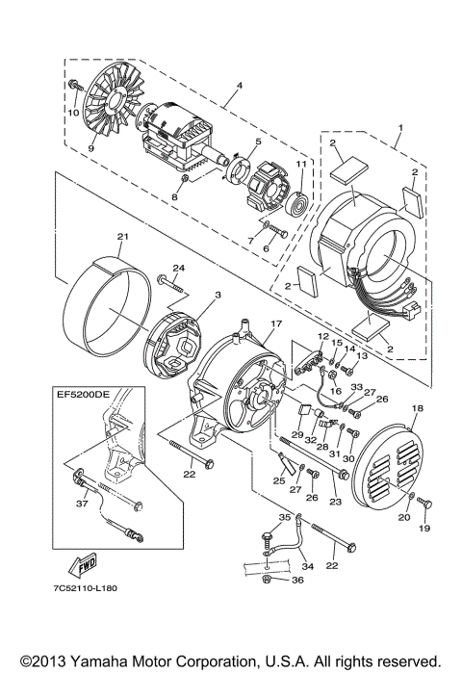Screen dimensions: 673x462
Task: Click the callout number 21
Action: click(122, 236)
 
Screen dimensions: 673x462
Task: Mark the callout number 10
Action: click(71, 111)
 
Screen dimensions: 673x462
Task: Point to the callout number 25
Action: click(279, 480)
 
